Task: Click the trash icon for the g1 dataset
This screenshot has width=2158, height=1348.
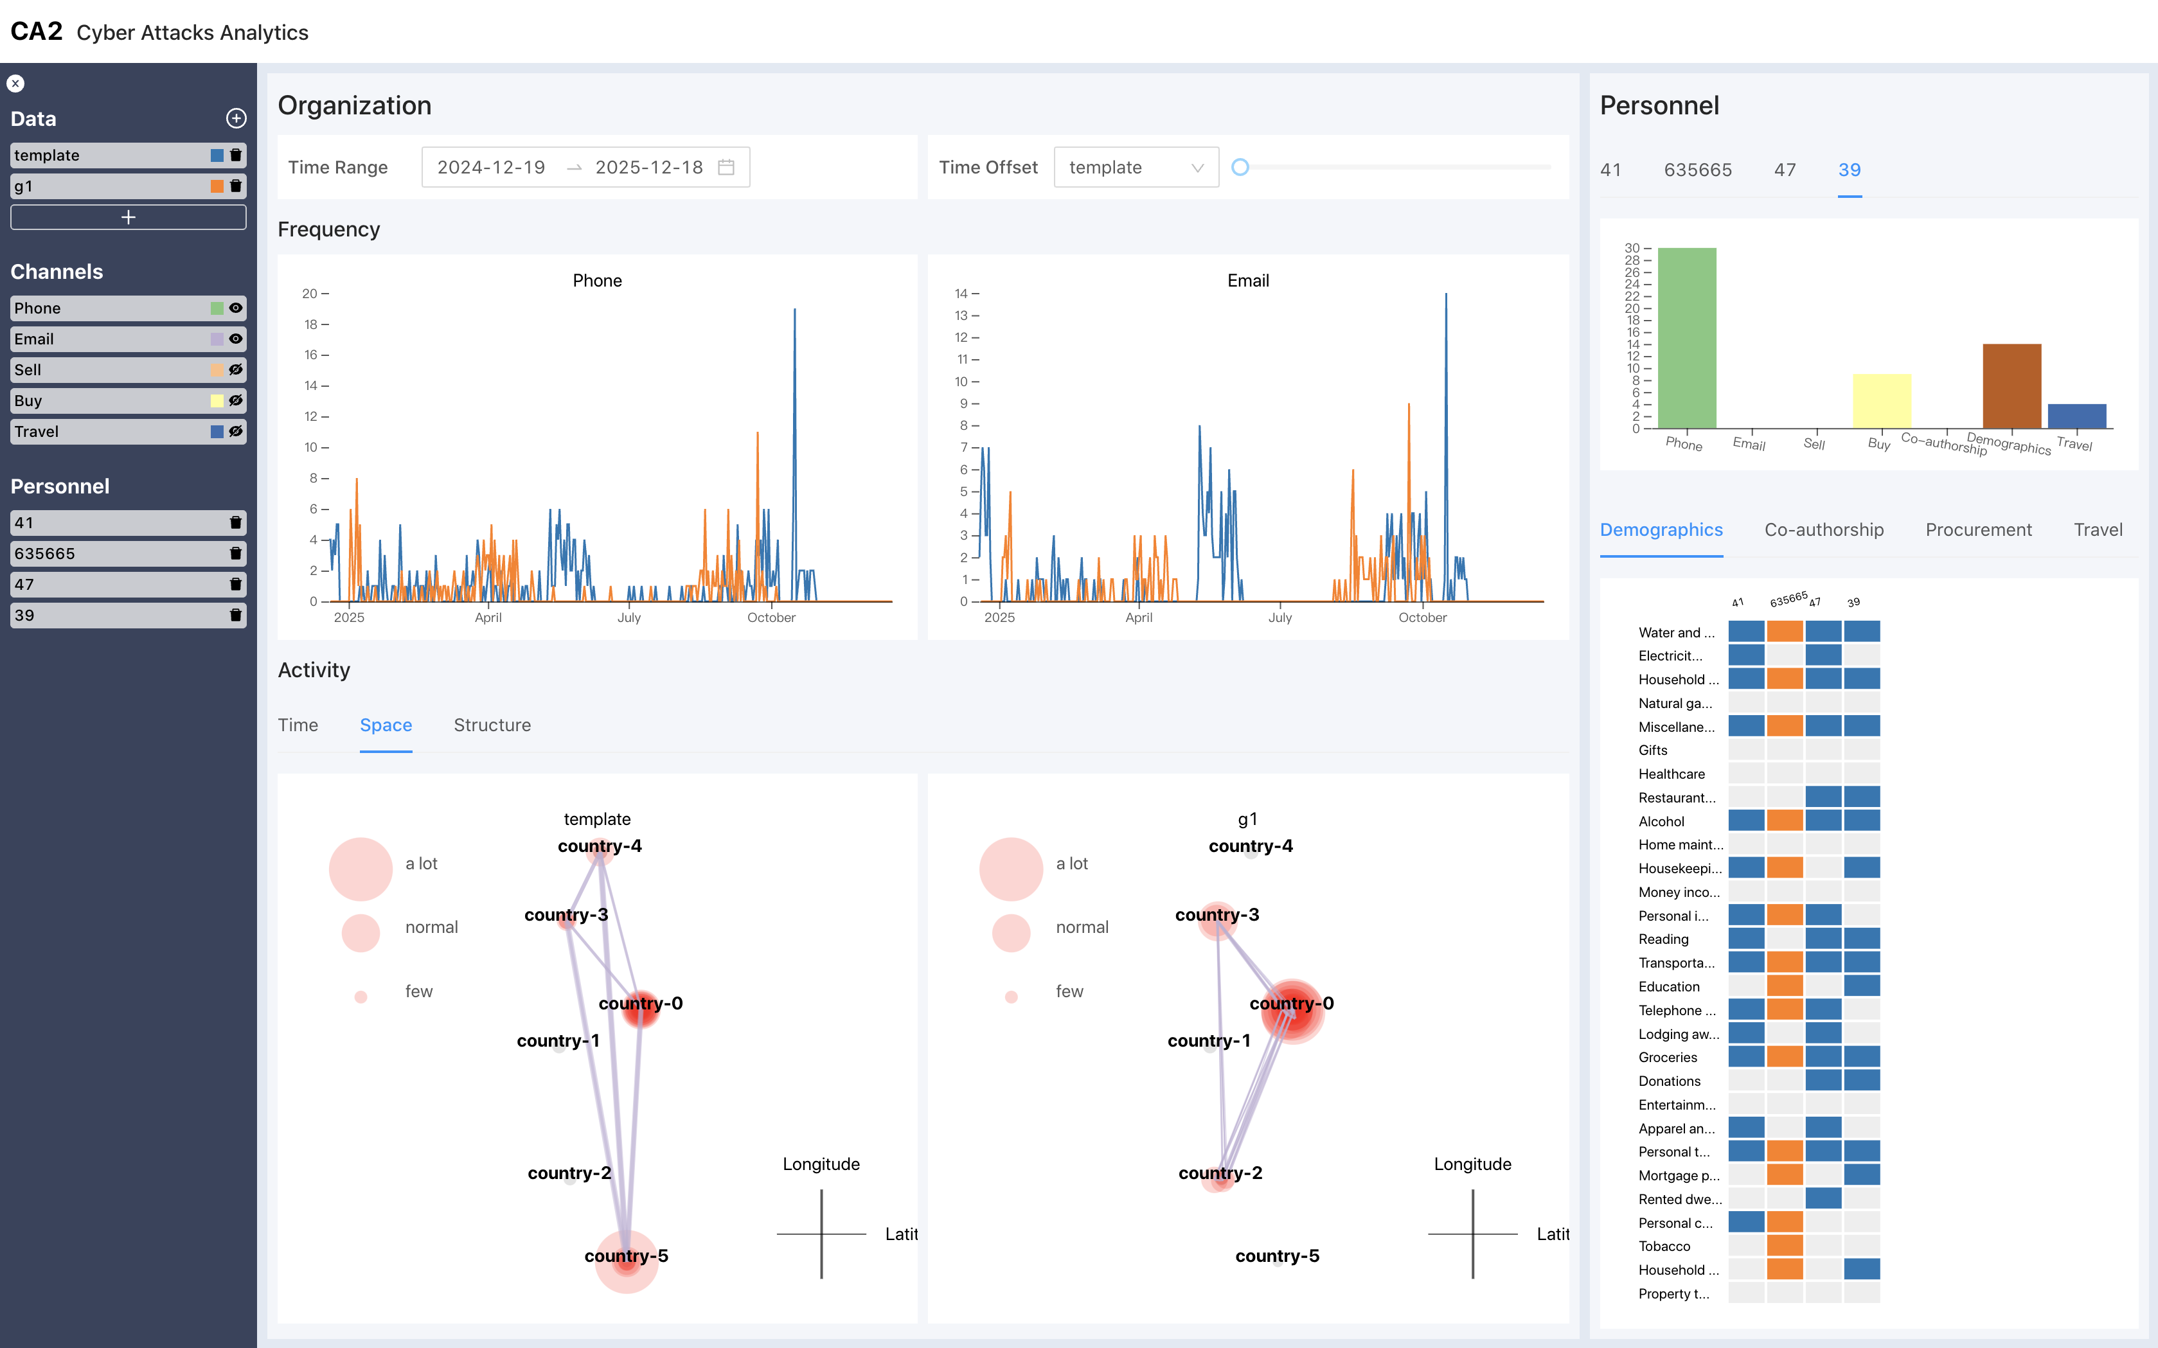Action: pyautogui.click(x=235, y=186)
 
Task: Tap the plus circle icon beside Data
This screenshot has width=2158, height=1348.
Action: pyautogui.click(x=236, y=119)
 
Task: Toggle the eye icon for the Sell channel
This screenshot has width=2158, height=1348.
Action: pyautogui.click(x=235, y=370)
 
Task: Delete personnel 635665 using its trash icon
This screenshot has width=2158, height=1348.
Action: pyautogui.click(x=235, y=554)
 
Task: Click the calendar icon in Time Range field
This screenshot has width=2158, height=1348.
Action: pyautogui.click(x=726, y=168)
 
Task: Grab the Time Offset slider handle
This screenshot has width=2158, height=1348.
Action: pyautogui.click(x=1240, y=168)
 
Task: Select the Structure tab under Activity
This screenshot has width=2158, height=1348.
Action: pyautogui.click(x=492, y=725)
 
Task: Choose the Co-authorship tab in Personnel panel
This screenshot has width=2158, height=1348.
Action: pyautogui.click(x=1824, y=529)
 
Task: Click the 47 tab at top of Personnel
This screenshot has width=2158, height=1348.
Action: pyautogui.click(x=1785, y=170)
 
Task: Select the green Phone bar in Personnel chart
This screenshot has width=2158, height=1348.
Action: pyautogui.click(x=1686, y=339)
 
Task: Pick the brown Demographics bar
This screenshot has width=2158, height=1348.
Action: pyautogui.click(x=2011, y=386)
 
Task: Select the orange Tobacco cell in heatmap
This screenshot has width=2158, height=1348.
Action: pyautogui.click(x=1785, y=1245)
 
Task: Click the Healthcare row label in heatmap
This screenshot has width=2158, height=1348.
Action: pyautogui.click(x=1671, y=774)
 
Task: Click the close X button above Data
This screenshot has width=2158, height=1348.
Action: pyautogui.click(x=15, y=84)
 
